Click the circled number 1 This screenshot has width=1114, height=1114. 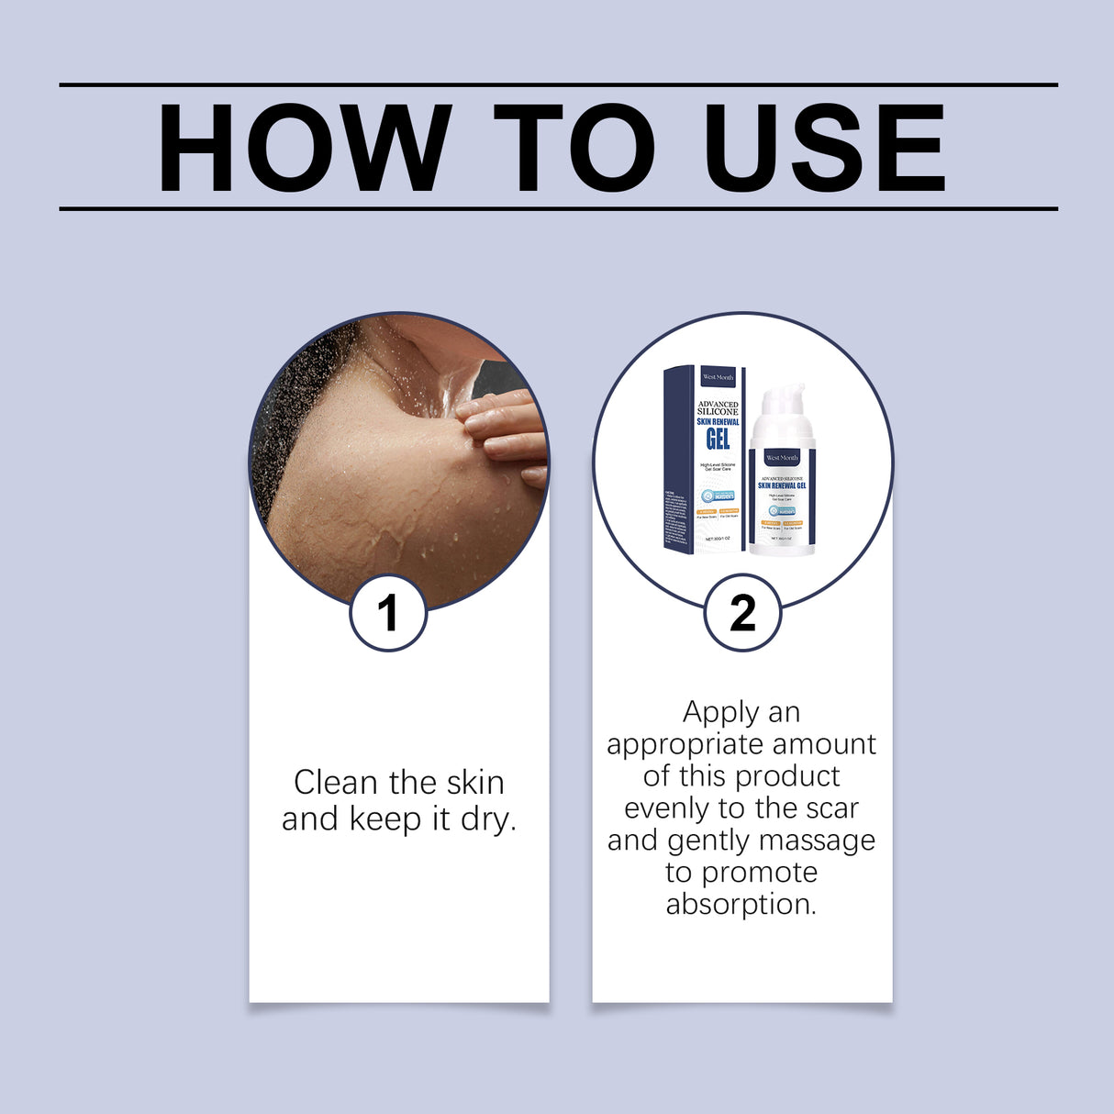point(388,613)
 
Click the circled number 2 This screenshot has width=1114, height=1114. point(742,613)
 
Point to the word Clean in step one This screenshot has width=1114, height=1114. point(335,783)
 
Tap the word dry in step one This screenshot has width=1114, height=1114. point(487,819)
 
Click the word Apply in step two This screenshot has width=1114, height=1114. point(720,713)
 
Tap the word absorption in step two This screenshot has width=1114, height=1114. point(741,904)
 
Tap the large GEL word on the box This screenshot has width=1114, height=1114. point(718,439)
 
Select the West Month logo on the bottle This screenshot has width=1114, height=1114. point(782,457)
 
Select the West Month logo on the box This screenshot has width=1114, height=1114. point(718,377)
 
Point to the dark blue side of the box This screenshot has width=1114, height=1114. point(677,459)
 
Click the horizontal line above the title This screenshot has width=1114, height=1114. point(558,84)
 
